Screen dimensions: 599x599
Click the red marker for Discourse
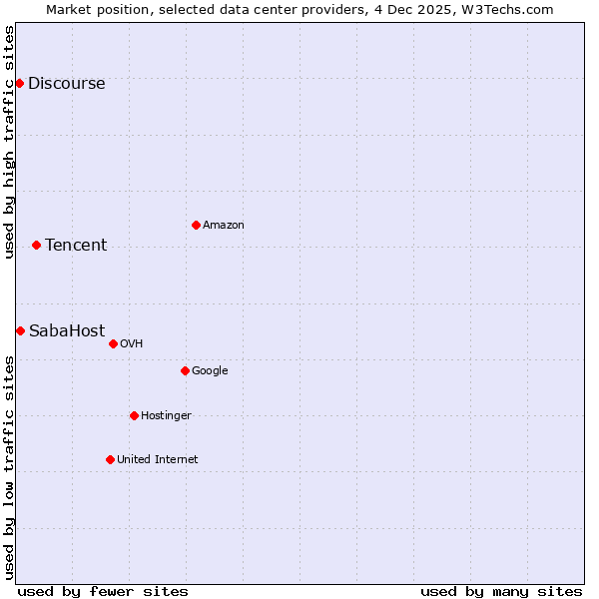pyautogui.click(x=19, y=83)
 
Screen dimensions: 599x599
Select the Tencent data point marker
pyautogui.click(x=36, y=245)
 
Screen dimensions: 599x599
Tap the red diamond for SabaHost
pyautogui.click(x=20, y=330)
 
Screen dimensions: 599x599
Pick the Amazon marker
pyautogui.click(x=196, y=225)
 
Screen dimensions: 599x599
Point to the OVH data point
pyautogui.click(x=113, y=343)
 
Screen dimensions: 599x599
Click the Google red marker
pyautogui.click(x=185, y=370)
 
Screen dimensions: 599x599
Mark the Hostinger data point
pyautogui.click(x=134, y=415)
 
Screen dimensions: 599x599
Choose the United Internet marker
pyautogui.click(x=110, y=459)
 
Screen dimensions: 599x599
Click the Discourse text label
pyautogui.click(x=66, y=83)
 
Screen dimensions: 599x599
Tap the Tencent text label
pyautogui.click(x=76, y=245)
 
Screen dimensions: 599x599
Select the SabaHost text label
pyautogui.click(x=67, y=330)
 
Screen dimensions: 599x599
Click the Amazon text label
pyautogui.click(x=224, y=225)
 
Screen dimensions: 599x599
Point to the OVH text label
pyautogui.click(x=131, y=343)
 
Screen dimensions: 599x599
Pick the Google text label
pyautogui.click(x=210, y=370)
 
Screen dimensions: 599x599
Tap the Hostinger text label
pyautogui.click(x=166, y=415)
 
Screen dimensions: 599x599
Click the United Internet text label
pyautogui.click(x=157, y=459)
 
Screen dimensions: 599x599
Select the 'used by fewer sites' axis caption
pyautogui.click(x=103, y=591)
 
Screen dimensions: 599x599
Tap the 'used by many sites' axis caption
pyautogui.click(x=500, y=591)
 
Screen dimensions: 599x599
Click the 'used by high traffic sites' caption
pyautogui.click(x=9, y=142)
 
